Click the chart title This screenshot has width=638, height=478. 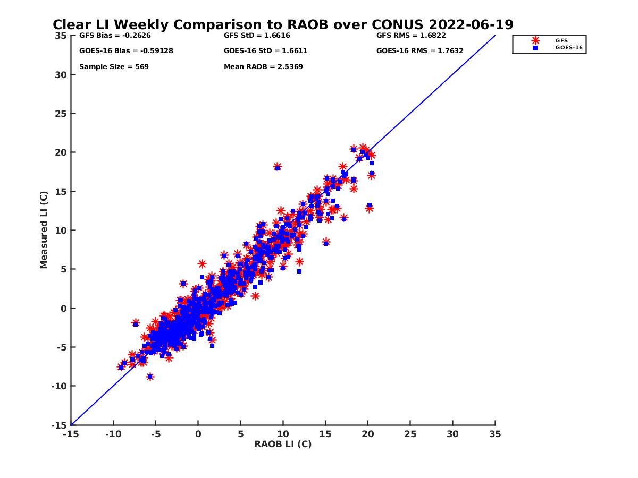click(x=283, y=24)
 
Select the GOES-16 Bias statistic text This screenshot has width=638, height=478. click(x=126, y=51)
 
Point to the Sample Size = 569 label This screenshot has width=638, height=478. click(x=114, y=67)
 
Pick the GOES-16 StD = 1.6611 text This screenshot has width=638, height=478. click(x=266, y=51)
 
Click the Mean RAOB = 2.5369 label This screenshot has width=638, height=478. click(x=263, y=67)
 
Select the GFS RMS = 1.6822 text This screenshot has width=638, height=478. click(x=411, y=36)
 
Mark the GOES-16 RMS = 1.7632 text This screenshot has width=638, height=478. click(x=419, y=51)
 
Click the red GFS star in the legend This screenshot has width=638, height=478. click(x=535, y=41)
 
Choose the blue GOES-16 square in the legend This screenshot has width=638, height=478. click(x=535, y=48)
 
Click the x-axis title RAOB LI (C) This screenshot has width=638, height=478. click(x=283, y=444)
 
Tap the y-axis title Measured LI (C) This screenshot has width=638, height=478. click(x=44, y=230)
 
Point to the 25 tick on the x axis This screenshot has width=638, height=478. click(x=410, y=434)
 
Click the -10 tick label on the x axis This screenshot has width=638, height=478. click(x=113, y=434)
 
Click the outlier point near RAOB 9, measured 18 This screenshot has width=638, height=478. click(x=278, y=167)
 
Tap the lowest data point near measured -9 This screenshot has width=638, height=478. click(x=150, y=377)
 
